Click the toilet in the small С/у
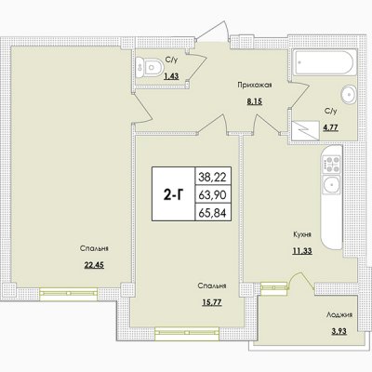tap(150, 67)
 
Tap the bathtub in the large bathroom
tap(324, 63)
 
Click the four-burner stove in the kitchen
tap(331, 165)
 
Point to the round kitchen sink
tap(331, 185)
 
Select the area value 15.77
tap(212, 301)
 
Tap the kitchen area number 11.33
tap(302, 250)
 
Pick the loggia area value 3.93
tap(339, 331)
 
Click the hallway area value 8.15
tap(255, 101)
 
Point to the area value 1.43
tap(171, 76)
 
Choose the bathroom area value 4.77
tap(330, 127)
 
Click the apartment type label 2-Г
tap(174, 194)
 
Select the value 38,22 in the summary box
tap(213, 178)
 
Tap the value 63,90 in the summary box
tap(213, 195)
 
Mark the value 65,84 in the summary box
tap(213, 213)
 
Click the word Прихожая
tap(255, 85)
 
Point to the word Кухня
tap(302, 234)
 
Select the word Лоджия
tap(339, 315)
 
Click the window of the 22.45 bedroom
tap(69, 293)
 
